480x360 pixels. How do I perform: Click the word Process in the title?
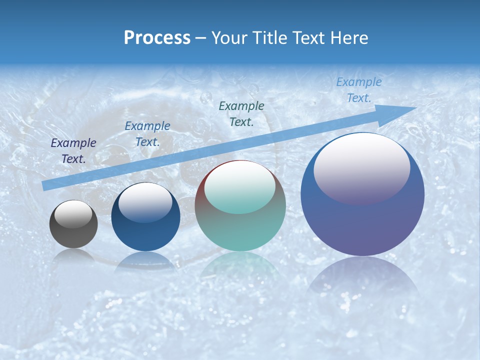click(x=157, y=38)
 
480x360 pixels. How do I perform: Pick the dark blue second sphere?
click(x=145, y=235)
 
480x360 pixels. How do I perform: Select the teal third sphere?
click(x=240, y=230)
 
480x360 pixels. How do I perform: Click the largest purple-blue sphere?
click(x=362, y=220)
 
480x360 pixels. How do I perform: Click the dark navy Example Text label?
click(x=73, y=151)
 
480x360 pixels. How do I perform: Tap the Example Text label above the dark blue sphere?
click(x=147, y=134)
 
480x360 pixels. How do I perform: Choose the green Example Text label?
click(x=241, y=113)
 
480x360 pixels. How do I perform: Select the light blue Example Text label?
click(x=358, y=90)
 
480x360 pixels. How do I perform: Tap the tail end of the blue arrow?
click(x=45, y=185)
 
